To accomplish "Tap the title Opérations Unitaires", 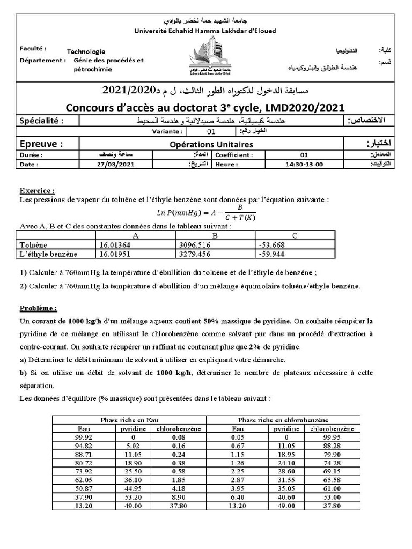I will (211, 144).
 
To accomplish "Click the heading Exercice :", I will (38, 190).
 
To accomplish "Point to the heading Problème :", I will (39, 308).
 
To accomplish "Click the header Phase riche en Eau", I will (130, 420).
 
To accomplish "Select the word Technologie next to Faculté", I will (86, 51).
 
